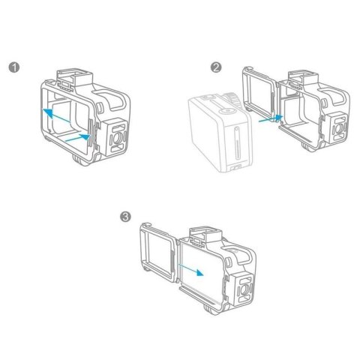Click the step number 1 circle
[x=13, y=68]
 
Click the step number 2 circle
[x=216, y=68]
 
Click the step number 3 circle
[x=124, y=217]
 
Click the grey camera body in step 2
[x=217, y=135]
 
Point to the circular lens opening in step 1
[x=118, y=137]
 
